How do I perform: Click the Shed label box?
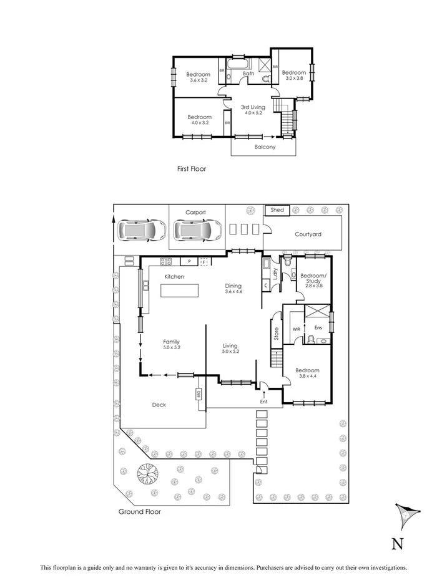point(278,210)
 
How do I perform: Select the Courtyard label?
point(308,234)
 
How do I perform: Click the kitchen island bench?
point(180,291)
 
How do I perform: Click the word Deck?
point(159,405)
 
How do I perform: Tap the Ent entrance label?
point(263,401)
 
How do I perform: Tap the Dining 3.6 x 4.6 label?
point(233,289)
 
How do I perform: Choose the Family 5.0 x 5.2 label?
point(172,345)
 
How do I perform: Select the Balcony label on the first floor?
point(265,147)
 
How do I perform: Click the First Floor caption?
point(191,168)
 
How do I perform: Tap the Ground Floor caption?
point(139,511)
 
